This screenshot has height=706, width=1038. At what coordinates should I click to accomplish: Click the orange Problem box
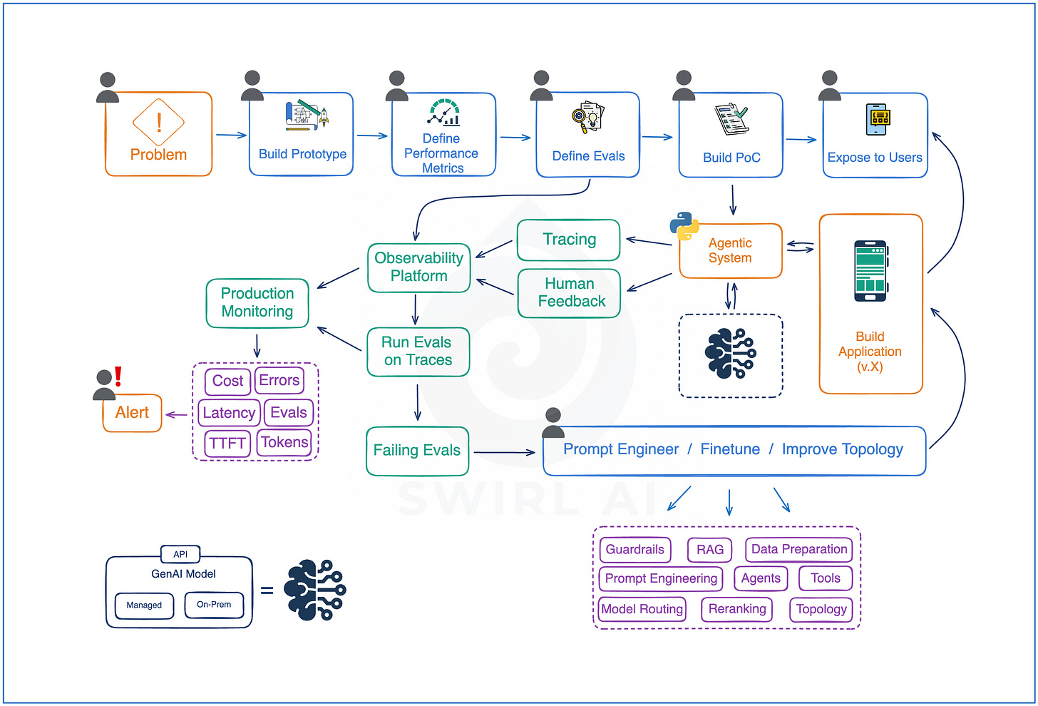158,133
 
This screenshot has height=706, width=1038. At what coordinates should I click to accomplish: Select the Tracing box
569,240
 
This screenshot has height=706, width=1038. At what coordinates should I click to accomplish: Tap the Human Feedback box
569,293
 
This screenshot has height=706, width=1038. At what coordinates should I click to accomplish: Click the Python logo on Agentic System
684,226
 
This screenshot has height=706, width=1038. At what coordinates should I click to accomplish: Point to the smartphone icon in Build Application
870,271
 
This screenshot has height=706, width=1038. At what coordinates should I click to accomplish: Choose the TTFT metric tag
227,443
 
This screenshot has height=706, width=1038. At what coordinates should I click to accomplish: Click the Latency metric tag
229,413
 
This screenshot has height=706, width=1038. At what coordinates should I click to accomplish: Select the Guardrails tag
634,549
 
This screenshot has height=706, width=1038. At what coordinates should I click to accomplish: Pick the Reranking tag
737,608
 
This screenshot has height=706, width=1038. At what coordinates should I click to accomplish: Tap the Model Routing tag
642,608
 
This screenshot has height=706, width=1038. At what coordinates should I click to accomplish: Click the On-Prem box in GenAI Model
214,605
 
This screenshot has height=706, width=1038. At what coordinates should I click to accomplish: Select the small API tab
180,554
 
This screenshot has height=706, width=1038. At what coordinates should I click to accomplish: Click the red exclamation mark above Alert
118,377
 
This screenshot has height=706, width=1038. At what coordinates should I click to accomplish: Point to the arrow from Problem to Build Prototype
231,135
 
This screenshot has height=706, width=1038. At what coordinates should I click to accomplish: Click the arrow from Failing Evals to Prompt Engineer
504,452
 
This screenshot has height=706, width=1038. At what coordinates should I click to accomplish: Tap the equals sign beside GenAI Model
267,590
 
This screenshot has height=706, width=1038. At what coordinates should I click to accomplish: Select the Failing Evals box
417,451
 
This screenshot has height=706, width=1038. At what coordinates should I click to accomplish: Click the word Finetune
730,449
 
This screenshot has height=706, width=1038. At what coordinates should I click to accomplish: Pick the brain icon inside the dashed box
730,353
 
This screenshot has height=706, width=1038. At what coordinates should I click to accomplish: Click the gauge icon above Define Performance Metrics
443,112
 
